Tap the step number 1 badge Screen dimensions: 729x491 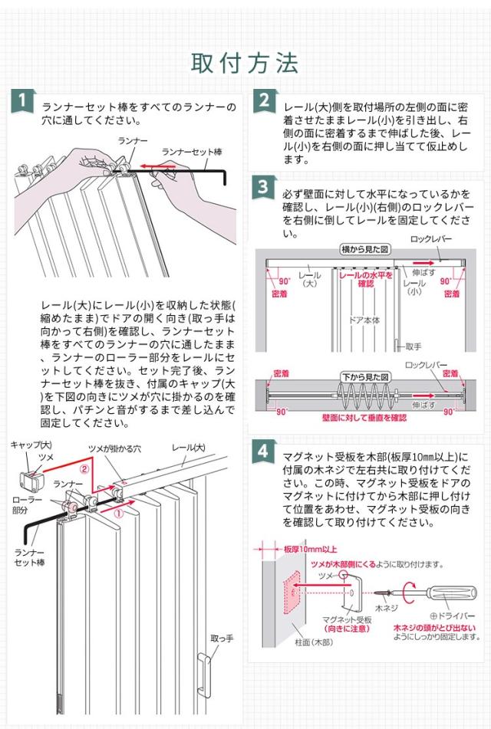click(x=24, y=100)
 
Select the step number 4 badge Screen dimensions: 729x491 click(x=263, y=451)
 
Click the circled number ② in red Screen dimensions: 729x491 click(x=85, y=467)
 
